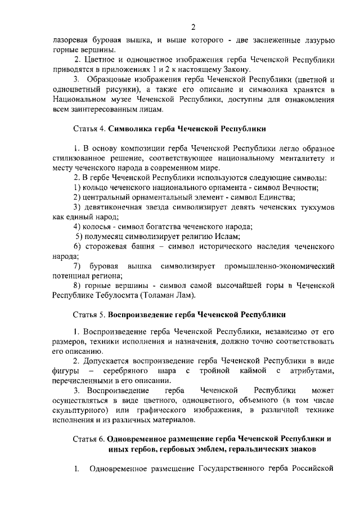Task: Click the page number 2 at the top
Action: [x=193, y=27]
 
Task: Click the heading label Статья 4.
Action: [x=89, y=129]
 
